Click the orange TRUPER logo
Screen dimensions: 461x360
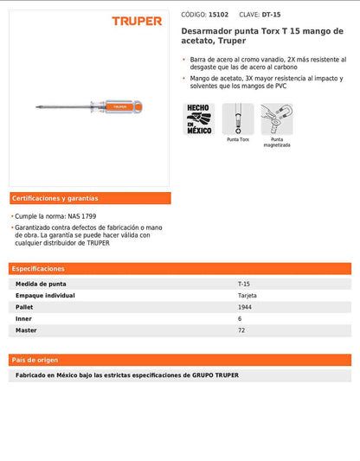coord(136,21)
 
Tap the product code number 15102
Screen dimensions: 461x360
coord(220,15)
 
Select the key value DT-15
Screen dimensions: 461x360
coord(272,15)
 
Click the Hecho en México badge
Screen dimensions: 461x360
coord(198,118)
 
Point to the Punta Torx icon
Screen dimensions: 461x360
coord(238,118)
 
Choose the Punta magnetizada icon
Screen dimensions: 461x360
coord(277,118)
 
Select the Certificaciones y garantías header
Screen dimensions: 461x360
coord(55,198)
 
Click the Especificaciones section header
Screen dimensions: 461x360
coord(38,268)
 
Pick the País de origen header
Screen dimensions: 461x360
coord(35,359)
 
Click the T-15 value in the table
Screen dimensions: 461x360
coord(244,284)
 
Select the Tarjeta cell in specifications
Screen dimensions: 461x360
coord(247,295)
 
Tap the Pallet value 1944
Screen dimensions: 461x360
coord(245,306)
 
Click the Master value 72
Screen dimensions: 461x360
coord(241,329)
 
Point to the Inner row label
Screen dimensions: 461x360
coord(24,317)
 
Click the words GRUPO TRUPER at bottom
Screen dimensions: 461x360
coord(215,375)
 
